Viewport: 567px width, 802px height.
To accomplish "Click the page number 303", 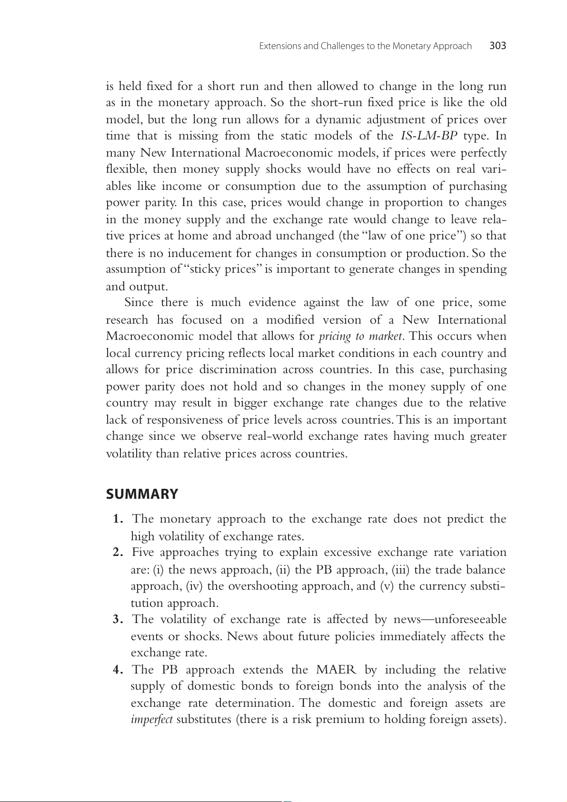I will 497,46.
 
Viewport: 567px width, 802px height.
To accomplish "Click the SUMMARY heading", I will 142,494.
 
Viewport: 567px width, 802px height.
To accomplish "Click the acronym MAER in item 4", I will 336,670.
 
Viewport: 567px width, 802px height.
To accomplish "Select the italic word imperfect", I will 151,720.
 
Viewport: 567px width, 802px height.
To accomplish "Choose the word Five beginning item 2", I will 143,553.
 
